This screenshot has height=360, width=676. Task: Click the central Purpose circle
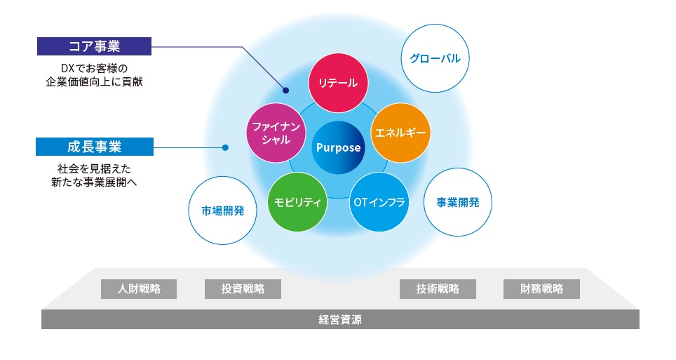[x=338, y=147]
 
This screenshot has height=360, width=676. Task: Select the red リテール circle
[x=338, y=83]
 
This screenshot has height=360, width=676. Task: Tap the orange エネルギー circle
[x=400, y=133]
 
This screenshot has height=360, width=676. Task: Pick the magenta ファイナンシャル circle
[x=276, y=133]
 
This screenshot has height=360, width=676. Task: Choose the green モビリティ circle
[x=297, y=202]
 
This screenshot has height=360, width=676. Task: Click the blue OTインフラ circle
[x=379, y=202]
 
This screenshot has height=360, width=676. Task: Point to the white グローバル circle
[x=435, y=58]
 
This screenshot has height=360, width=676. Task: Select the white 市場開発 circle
[x=222, y=211]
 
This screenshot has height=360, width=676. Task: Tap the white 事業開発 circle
[x=458, y=202]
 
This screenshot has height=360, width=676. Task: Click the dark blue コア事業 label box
[x=94, y=46]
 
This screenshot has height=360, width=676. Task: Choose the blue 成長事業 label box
[x=95, y=147]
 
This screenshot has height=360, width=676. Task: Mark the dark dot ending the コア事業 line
[x=285, y=91]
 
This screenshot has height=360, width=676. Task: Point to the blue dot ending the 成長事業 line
[x=225, y=147]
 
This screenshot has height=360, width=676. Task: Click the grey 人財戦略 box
[x=139, y=289]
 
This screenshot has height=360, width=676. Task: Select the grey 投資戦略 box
[x=243, y=289]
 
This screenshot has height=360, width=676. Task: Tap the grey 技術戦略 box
[x=438, y=289]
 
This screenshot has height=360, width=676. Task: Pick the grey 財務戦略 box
[x=541, y=289]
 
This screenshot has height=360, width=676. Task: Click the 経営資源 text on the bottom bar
[x=339, y=319]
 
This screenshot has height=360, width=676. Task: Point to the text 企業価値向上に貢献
[x=94, y=81]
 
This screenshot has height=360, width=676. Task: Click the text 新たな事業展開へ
[x=94, y=182]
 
